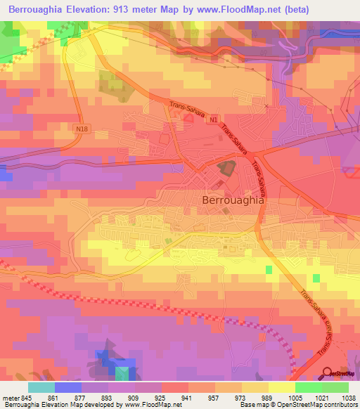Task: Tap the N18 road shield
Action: point(84,128)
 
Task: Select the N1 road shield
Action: point(212,121)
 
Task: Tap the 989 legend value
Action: point(268,398)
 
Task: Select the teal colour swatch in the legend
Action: point(41,387)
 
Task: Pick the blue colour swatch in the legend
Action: point(68,387)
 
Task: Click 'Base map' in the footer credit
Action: point(257,405)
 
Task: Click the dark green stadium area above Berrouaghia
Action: point(226,169)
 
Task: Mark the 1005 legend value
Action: point(295,398)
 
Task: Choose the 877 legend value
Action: point(87,398)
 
